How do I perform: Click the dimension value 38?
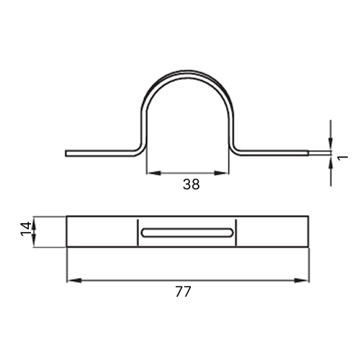(191, 184)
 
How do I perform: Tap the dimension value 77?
(183, 292)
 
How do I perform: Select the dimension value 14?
(26, 229)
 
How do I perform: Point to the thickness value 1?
(343, 158)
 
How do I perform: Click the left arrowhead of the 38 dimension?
(153, 173)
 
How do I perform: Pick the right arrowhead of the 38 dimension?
(221, 173)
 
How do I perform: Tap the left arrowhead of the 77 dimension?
(74, 280)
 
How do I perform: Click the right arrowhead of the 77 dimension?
(302, 280)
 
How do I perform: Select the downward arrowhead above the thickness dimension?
(330, 143)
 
